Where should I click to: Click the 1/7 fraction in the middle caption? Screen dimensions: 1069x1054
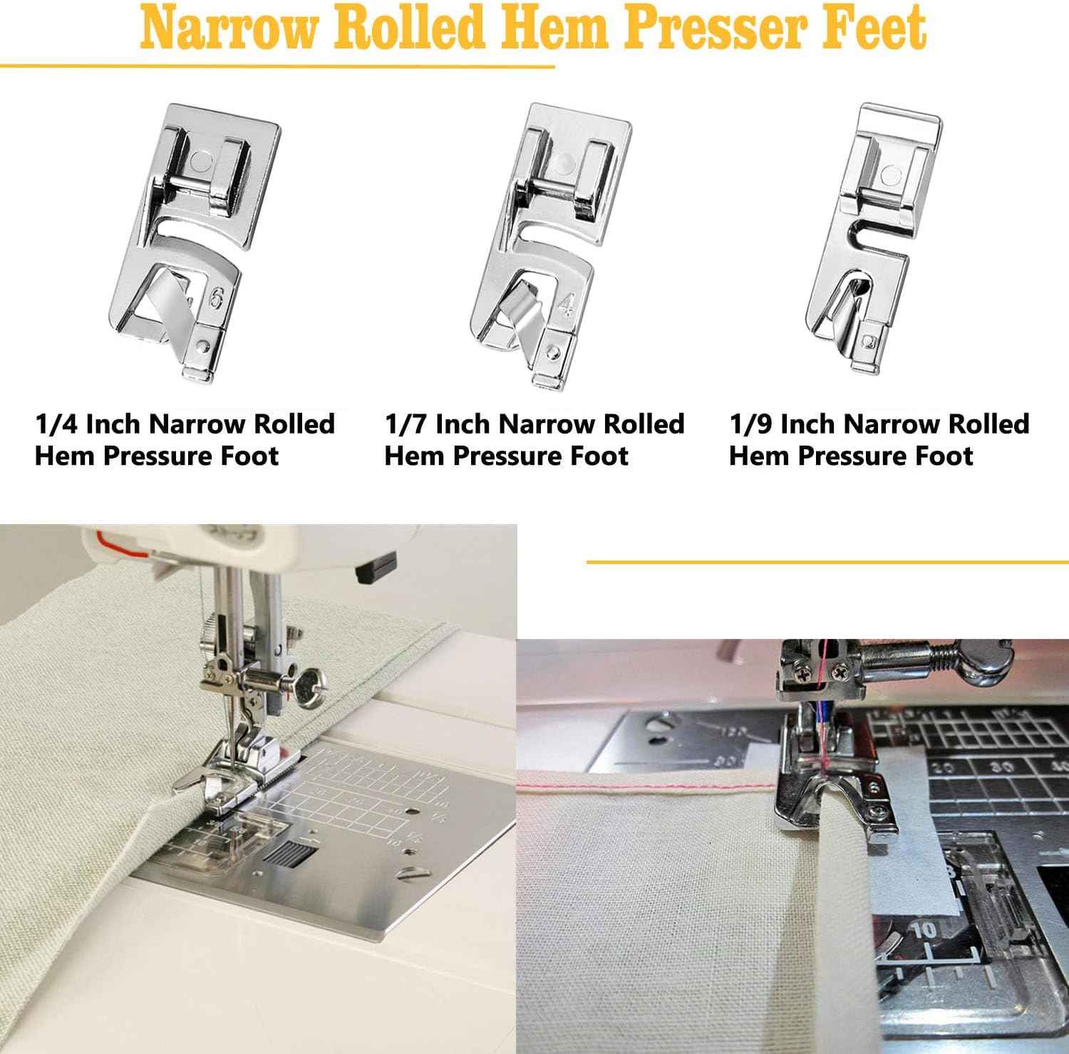pos(406,424)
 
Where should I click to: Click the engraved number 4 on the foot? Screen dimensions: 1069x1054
pos(566,305)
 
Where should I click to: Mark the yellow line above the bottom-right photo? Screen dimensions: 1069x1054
pos(827,563)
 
